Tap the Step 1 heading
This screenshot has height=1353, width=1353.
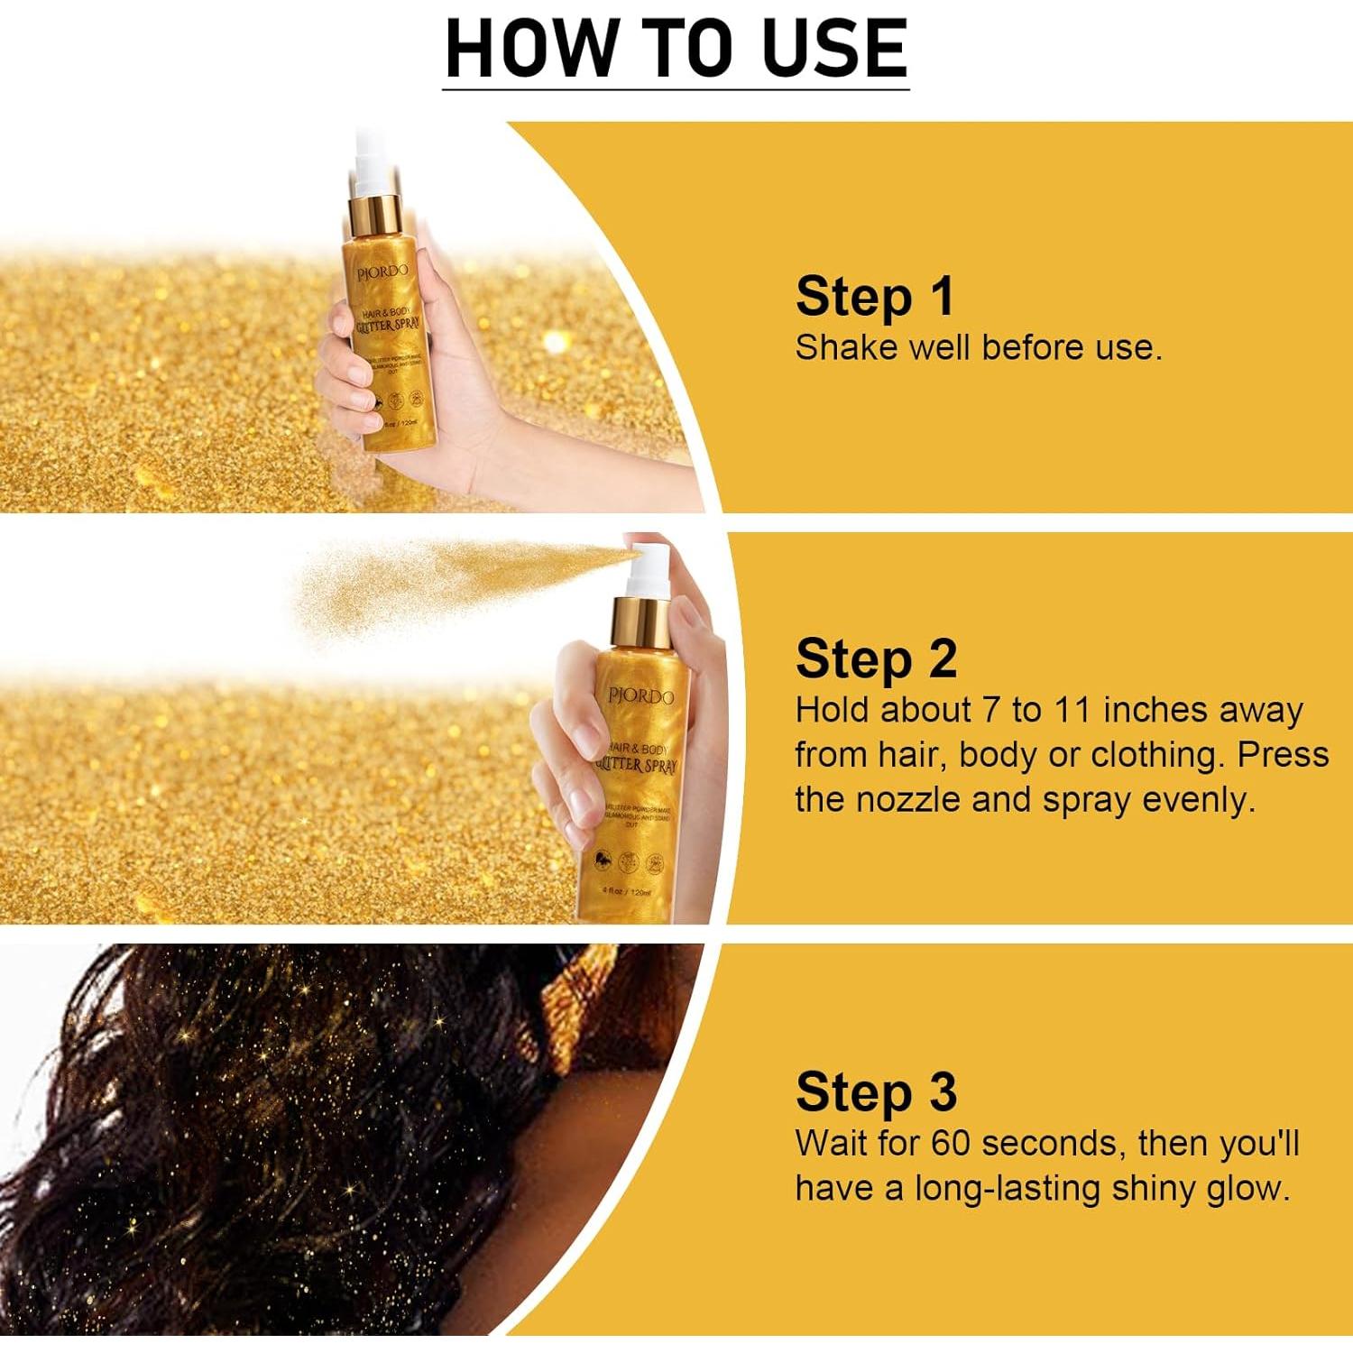coord(874,297)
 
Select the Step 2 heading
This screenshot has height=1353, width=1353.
coord(876,659)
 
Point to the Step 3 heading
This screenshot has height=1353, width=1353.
coord(876,1092)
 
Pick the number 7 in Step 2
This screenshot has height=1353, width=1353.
coord(991,710)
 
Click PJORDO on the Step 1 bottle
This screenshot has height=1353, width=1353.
coord(382,272)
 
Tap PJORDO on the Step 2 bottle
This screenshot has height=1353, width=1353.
coord(640,696)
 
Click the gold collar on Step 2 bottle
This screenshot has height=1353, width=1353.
coord(640,621)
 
